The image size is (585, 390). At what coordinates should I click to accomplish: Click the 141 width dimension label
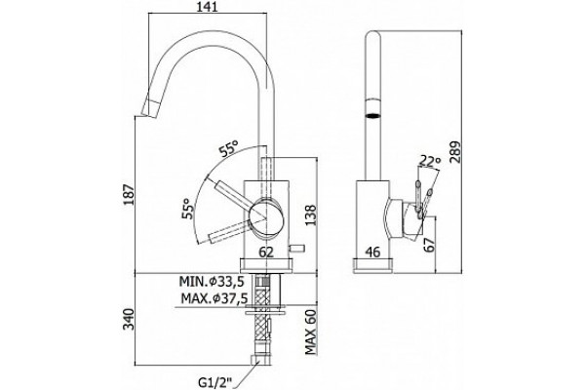coord(207,6)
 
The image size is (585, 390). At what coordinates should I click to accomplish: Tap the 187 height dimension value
coord(129,194)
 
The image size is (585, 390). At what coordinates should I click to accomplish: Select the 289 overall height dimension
coord(455,151)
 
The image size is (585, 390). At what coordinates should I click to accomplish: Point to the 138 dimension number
coord(310,214)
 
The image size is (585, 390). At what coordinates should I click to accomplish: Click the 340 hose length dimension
coord(129,319)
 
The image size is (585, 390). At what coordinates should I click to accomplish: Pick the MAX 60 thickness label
coord(310,332)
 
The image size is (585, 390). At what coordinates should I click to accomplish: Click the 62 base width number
coord(266,253)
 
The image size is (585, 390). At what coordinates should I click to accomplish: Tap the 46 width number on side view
coord(372,253)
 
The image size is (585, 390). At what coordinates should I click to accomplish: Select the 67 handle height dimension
coord(431,245)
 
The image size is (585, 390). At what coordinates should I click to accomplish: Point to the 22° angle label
coord(430,161)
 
